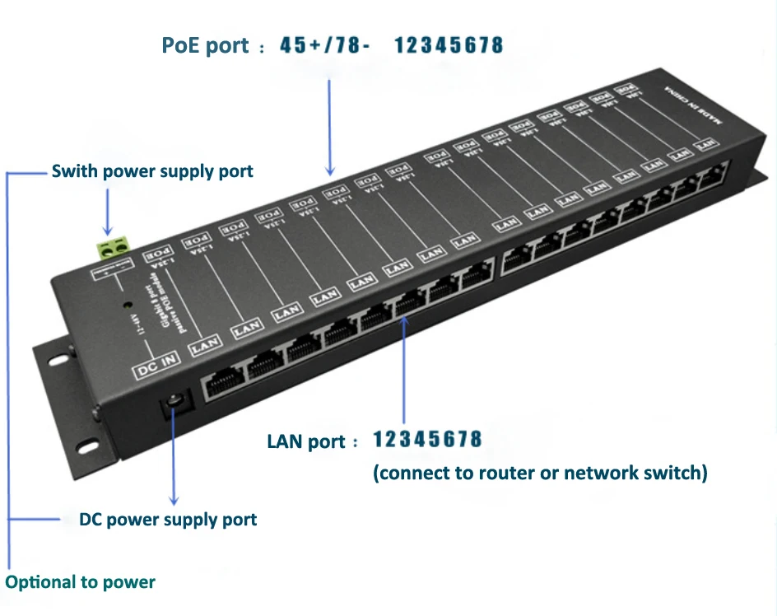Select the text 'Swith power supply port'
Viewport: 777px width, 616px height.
click(152, 172)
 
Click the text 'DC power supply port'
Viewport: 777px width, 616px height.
click(168, 520)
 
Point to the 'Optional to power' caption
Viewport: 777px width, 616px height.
click(81, 582)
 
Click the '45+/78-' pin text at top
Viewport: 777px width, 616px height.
click(324, 45)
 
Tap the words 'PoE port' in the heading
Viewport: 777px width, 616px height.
click(205, 46)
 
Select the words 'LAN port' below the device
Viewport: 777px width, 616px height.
click(306, 441)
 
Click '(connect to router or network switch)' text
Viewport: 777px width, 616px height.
click(540, 473)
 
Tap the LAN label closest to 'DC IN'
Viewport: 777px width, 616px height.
click(204, 347)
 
